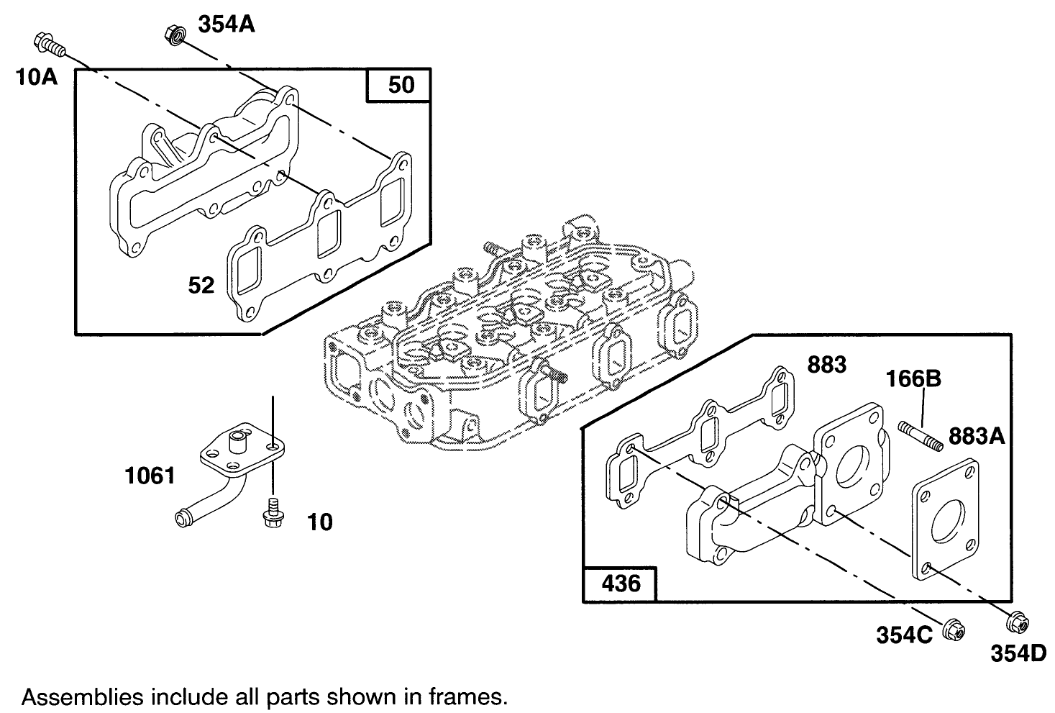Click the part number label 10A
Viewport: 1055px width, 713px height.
click(37, 76)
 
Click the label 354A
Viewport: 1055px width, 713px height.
click(226, 24)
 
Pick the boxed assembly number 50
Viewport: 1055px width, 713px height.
click(401, 85)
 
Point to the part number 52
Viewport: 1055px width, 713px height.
click(201, 286)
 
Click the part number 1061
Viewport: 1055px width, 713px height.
click(150, 476)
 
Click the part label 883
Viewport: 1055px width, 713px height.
click(826, 365)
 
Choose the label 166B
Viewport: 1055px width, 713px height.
click(913, 378)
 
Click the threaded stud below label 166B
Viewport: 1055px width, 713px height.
click(921, 437)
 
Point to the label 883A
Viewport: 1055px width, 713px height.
click(977, 435)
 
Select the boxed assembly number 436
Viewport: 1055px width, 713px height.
click(620, 582)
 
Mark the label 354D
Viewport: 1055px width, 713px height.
click(1018, 653)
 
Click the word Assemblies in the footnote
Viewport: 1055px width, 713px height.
click(75, 696)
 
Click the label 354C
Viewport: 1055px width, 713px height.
click(904, 635)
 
